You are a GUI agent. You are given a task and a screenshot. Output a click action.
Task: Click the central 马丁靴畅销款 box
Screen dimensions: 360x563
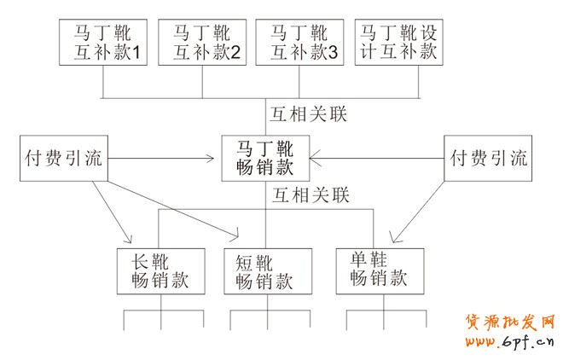[x=265, y=158]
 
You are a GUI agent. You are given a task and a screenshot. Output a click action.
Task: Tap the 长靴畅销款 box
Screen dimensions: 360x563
[x=160, y=271]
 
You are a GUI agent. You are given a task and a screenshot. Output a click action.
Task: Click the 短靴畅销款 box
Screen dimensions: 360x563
[x=265, y=271]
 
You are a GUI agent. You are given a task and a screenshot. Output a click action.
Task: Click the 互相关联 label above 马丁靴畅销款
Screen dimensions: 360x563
[x=310, y=113]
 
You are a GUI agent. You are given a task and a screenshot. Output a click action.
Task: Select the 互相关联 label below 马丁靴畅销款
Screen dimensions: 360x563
[x=310, y=196]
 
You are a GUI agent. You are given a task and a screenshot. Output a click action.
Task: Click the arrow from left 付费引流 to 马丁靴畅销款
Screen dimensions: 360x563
[x=162, y=158]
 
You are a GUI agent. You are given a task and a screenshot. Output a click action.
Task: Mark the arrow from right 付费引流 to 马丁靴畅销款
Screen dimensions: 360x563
[x=375, y=158]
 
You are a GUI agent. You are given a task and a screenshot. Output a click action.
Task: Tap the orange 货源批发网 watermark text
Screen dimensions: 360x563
[x=509, y=322]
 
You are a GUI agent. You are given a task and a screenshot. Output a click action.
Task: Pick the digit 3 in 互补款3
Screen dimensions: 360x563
[x=333, y=54]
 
